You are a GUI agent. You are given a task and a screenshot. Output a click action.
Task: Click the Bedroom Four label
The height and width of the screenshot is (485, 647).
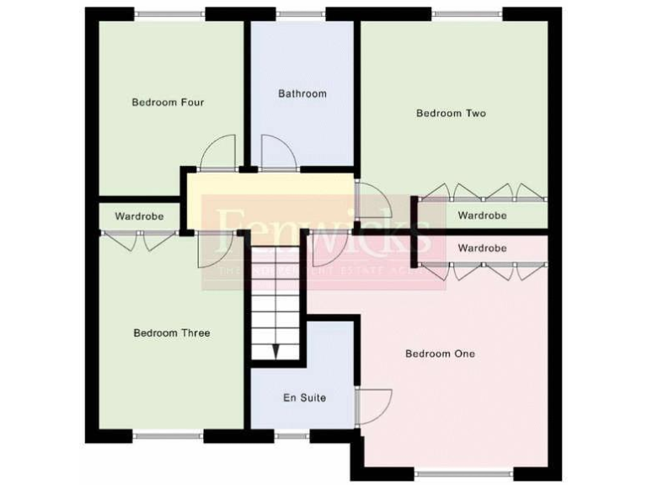click(168, 103)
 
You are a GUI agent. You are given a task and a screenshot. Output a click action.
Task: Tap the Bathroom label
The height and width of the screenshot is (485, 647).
click(302, 93)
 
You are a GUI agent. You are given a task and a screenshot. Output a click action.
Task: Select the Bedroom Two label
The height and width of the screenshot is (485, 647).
click(452, 113)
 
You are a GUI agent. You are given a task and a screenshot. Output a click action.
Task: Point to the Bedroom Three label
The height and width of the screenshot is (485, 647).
click(172, 333)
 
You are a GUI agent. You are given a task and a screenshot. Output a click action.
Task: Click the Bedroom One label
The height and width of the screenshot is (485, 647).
click(440, 354)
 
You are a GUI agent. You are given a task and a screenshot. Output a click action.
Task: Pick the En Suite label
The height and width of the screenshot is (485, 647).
click(304, 397)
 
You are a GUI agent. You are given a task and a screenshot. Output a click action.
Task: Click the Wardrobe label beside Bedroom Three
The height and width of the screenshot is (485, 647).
click(139, 216)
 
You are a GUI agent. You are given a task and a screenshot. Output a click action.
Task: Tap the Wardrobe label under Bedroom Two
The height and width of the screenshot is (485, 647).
click(482, 216)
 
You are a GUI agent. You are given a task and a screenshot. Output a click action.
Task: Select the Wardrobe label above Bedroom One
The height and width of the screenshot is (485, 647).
click(482, 248)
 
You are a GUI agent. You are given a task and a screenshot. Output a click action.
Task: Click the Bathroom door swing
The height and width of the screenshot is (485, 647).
click(277, 153)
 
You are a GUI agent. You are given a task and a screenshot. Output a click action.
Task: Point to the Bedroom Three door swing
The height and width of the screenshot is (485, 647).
click(215, 251)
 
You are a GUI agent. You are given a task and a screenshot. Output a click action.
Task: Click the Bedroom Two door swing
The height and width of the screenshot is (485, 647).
click(369, 201)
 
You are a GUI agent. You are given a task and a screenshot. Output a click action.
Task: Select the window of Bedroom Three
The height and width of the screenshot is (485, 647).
click(168, 435)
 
